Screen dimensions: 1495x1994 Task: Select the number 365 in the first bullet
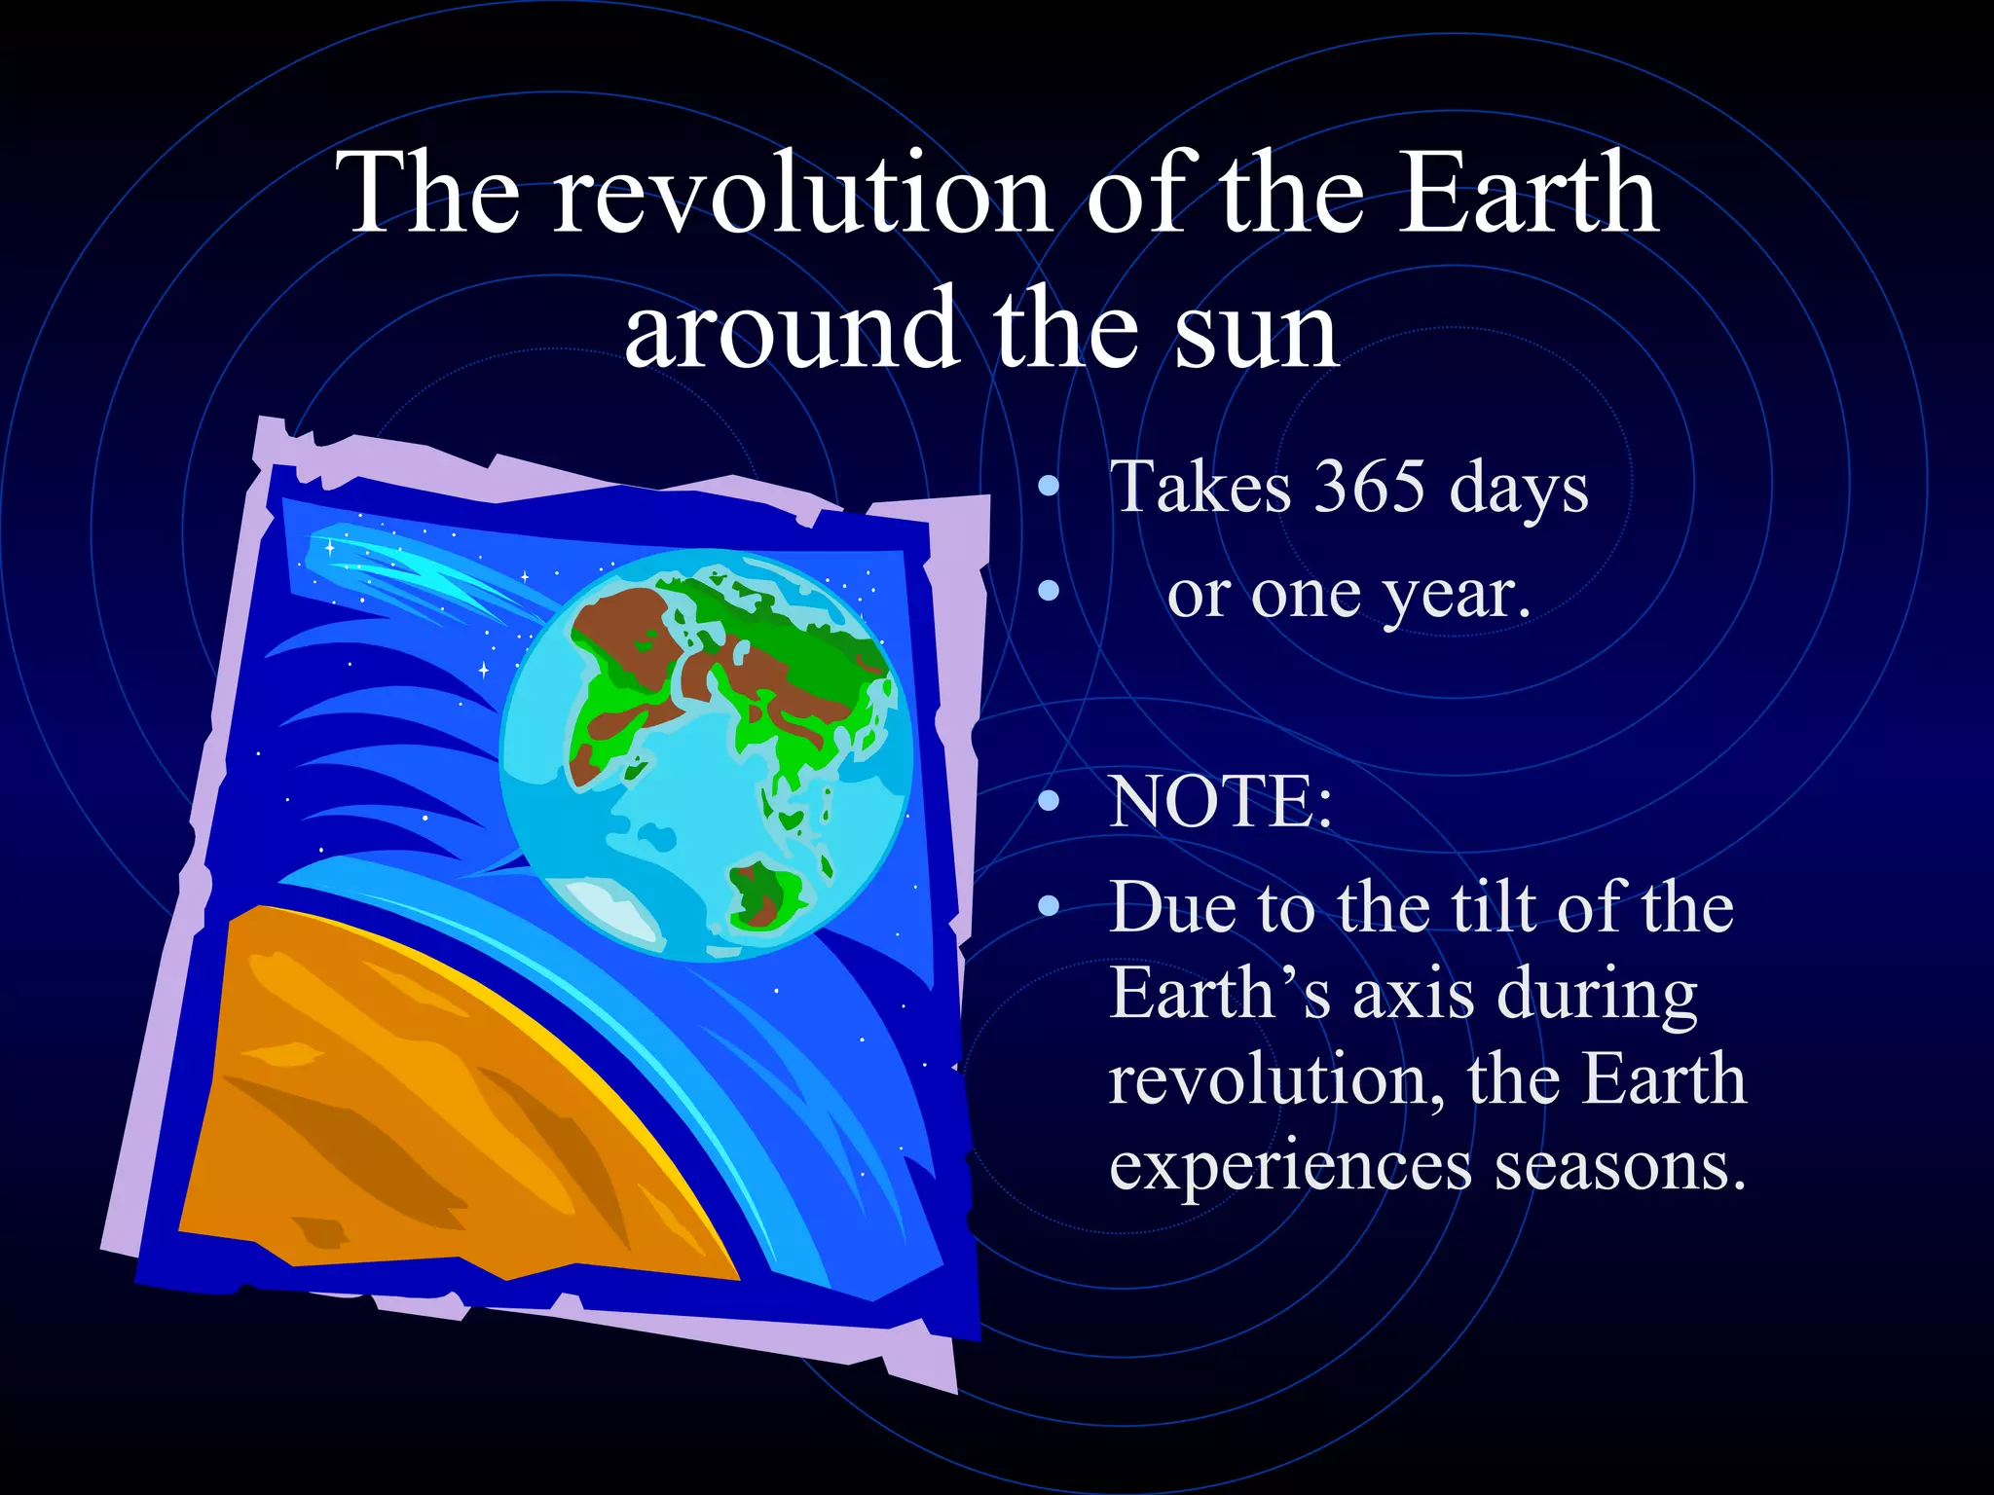point(1370,487)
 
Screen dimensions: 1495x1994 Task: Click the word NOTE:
point(1221,803)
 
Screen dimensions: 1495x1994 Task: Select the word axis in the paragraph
point(1413,995)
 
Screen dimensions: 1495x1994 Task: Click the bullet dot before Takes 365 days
point(1048,487)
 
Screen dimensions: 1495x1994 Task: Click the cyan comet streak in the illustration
point(409,574)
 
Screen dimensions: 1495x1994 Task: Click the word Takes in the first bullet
point(1200,487)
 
